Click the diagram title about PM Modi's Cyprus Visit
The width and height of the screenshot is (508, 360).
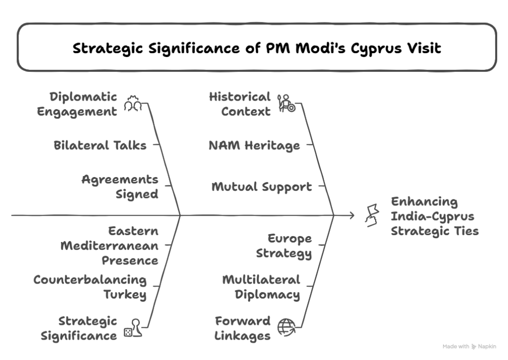pos(256,48)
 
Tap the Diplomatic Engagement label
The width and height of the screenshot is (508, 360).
pos(77,104)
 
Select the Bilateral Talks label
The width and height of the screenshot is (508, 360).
pos(100,145)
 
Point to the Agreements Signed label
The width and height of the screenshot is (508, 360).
pos(120,186)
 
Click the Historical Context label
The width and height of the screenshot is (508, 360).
pos(240,104)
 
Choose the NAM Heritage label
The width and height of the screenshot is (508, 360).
pos(254,145)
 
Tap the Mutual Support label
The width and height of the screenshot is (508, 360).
pos(262,187)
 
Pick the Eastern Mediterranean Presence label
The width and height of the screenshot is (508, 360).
pos(110,245)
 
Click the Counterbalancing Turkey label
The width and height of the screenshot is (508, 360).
pos(90,287)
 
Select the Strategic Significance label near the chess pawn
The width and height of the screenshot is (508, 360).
pos(79,328)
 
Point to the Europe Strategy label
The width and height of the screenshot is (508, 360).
pos(284,246)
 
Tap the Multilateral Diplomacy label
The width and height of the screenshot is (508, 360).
pos(261,287)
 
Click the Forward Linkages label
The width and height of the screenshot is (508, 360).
pos(243,328)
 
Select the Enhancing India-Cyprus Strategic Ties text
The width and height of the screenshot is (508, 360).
pos(435,216)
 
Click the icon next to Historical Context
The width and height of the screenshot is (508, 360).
pos(286,103)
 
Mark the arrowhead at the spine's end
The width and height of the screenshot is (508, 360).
pos(352,215)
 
